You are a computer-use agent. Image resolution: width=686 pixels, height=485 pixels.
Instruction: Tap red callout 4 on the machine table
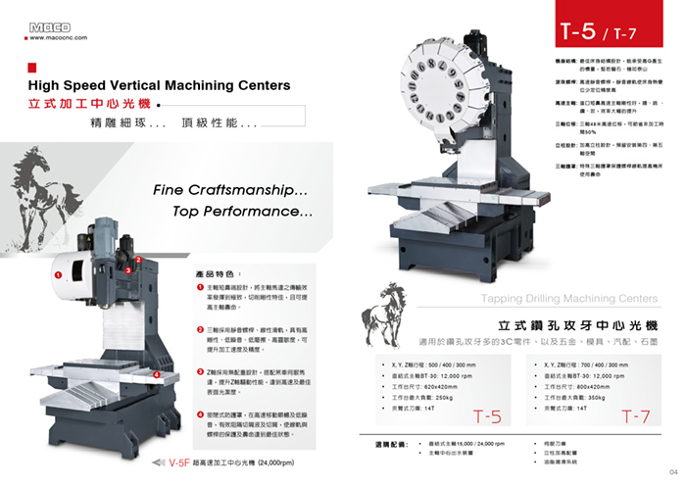pyautogui.click(x=158, y=374)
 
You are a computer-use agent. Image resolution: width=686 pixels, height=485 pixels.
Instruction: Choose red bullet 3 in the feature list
pyautogui.click(x=200, y=374)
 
